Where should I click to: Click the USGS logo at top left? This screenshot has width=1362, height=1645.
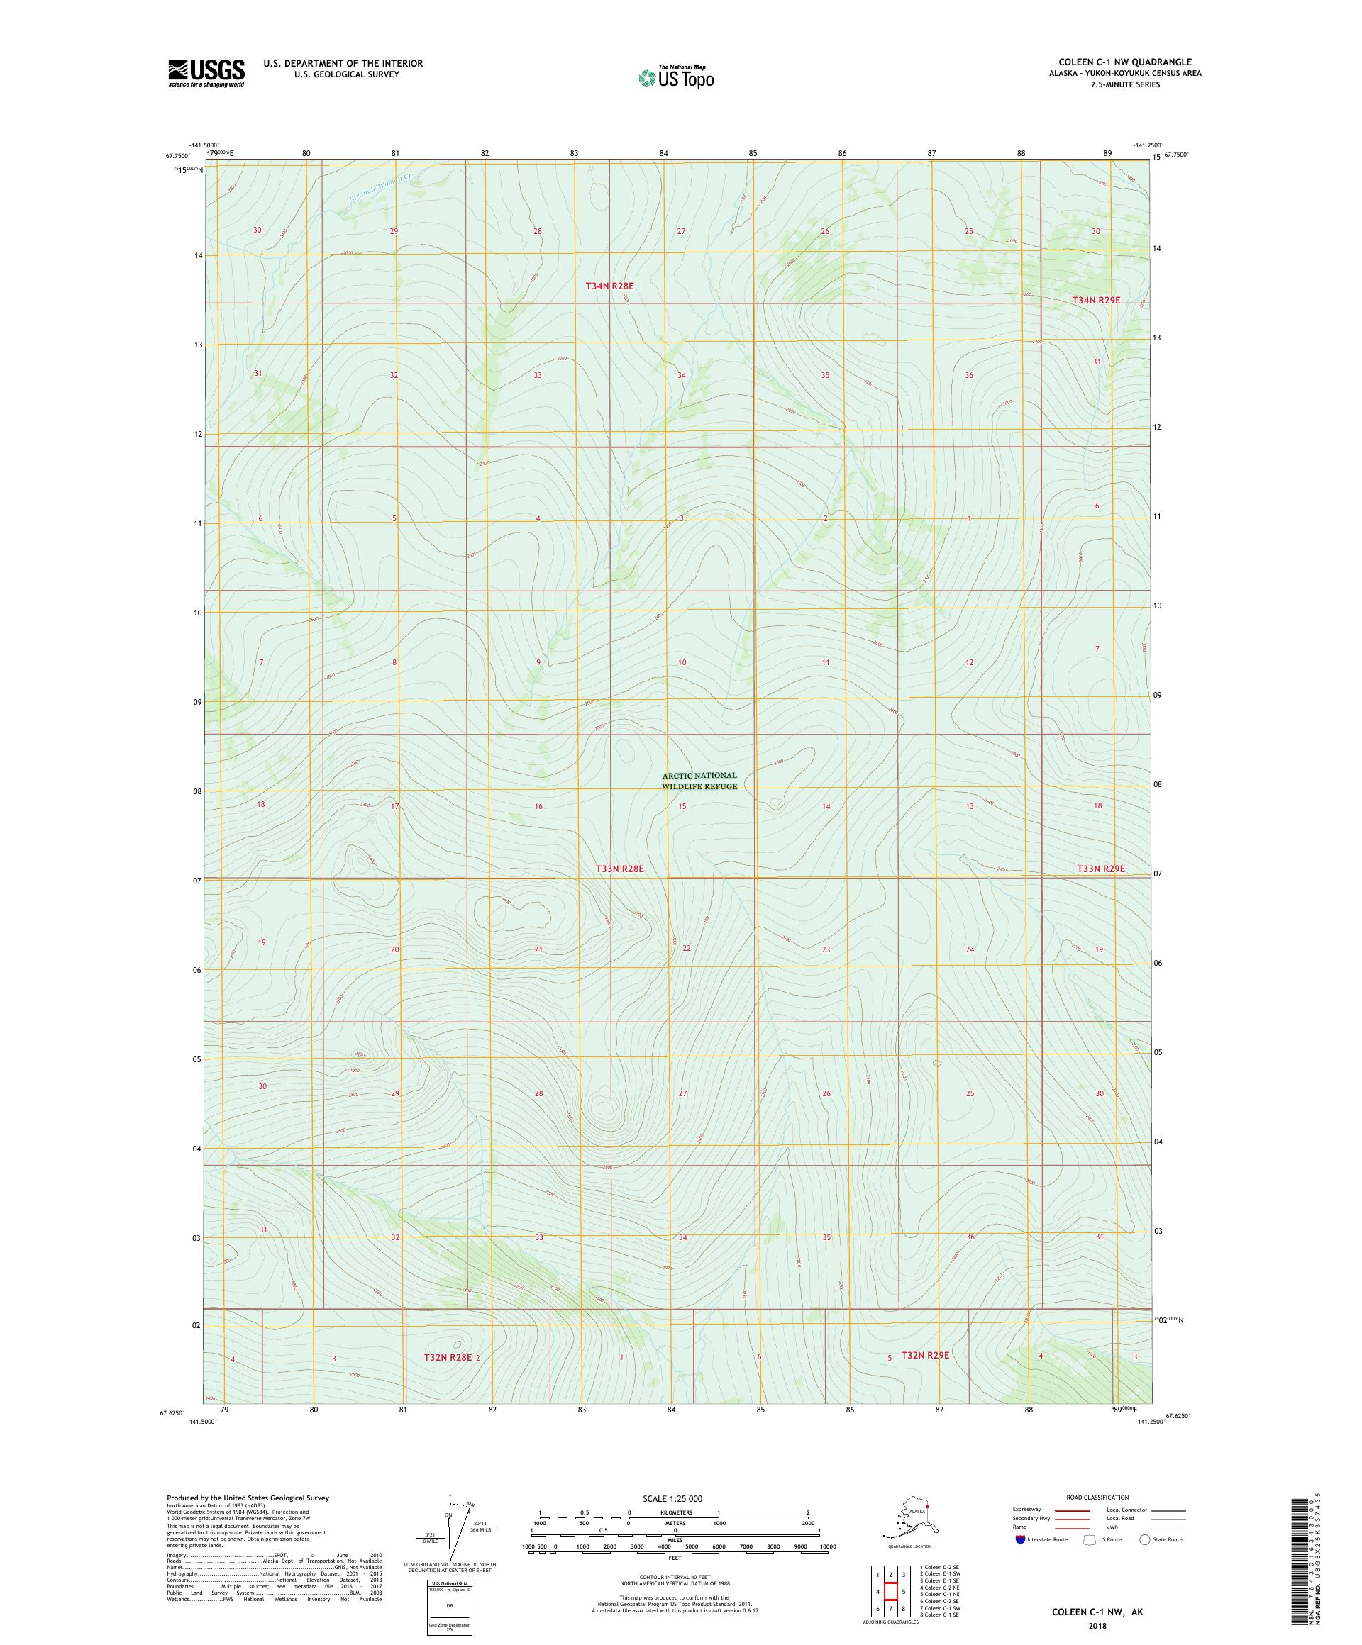point(205,73)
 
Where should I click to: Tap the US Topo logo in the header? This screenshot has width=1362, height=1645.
point(677,77)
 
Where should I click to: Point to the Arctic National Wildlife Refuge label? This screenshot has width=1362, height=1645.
point(699,780)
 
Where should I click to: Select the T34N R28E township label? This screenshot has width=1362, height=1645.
point(609,286)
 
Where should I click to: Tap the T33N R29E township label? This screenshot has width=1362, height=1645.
point(1100,869)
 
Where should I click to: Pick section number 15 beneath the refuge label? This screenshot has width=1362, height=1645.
point(682,806)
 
